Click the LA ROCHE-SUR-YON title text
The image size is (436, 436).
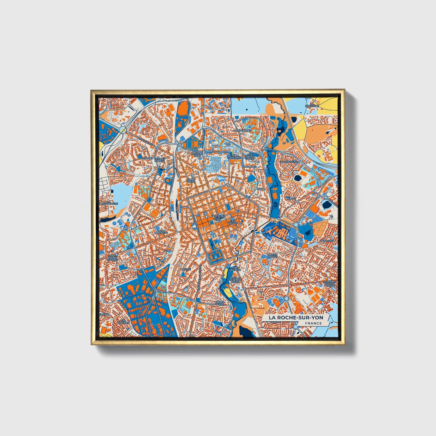coord(296,318)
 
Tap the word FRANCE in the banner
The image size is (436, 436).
coord(313,323)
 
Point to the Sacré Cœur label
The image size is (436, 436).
coord(191,180)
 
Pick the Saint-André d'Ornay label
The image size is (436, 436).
coord(112,258)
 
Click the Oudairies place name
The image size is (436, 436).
coord(327,241)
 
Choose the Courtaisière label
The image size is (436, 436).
coord(288,162)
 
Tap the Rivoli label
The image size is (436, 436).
coord(261,189)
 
